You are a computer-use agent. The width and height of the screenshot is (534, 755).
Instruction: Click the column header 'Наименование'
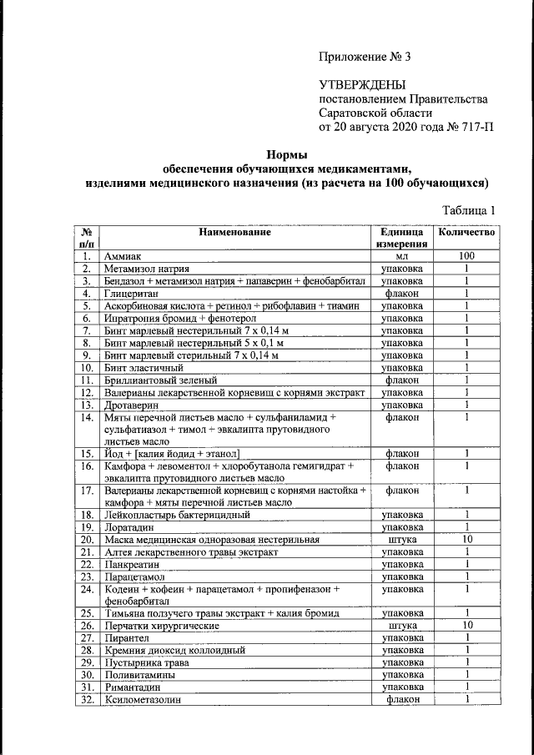(234, 232)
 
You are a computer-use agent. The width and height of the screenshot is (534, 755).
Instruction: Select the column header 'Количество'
(467, 232)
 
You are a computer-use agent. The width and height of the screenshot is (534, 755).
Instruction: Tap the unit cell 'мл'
(402, 257)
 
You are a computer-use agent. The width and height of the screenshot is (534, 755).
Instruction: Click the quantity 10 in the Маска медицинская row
(467, 540)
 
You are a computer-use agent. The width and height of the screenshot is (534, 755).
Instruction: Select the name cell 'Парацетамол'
(135, 576)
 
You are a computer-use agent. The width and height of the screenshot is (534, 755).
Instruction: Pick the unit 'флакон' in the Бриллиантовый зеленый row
(402, 380)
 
